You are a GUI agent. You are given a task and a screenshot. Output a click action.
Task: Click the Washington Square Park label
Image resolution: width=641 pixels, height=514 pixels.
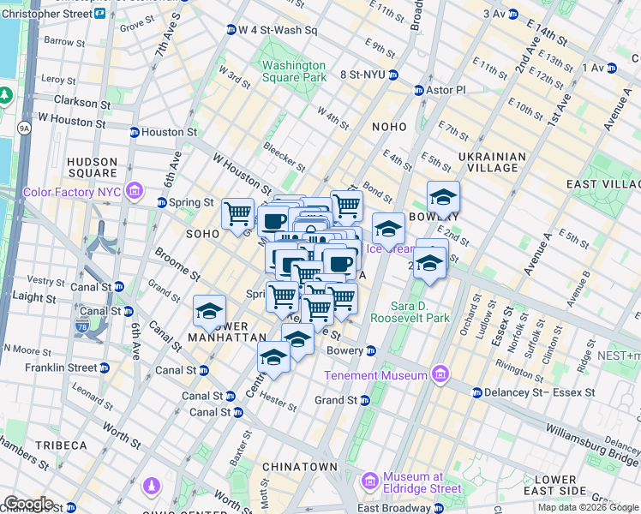coord(294,71)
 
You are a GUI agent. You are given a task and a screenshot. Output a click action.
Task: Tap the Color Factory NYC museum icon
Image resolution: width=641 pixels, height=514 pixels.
coord(134,190)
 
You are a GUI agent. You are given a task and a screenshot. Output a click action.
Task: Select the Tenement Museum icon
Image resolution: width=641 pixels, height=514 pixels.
coord(440,374)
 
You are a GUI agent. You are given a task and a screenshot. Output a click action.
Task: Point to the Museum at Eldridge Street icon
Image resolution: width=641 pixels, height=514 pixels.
coord(370,478)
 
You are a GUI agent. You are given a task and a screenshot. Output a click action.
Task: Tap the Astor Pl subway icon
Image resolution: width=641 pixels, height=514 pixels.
coord(419,90)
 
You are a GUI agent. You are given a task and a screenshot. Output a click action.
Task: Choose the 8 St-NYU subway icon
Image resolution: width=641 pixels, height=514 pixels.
coord(392,75)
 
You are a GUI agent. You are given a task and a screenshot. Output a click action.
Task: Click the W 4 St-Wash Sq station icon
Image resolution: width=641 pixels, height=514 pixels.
coord(231,30)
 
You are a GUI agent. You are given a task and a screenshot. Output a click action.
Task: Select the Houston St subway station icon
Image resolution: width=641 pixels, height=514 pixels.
coord(134,132)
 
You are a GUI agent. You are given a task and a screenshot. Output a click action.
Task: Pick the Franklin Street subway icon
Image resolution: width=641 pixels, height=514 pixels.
coord(104,368)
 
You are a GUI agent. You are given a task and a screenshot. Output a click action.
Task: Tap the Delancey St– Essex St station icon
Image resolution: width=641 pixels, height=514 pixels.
coord(476,392)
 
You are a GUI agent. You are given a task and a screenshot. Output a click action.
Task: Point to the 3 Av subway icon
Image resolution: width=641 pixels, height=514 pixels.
coord(512,15)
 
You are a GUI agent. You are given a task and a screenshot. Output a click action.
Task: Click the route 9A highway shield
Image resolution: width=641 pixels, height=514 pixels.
coord(24,128)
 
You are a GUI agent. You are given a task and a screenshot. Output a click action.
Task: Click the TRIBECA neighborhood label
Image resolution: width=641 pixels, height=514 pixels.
coord(61,445)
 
